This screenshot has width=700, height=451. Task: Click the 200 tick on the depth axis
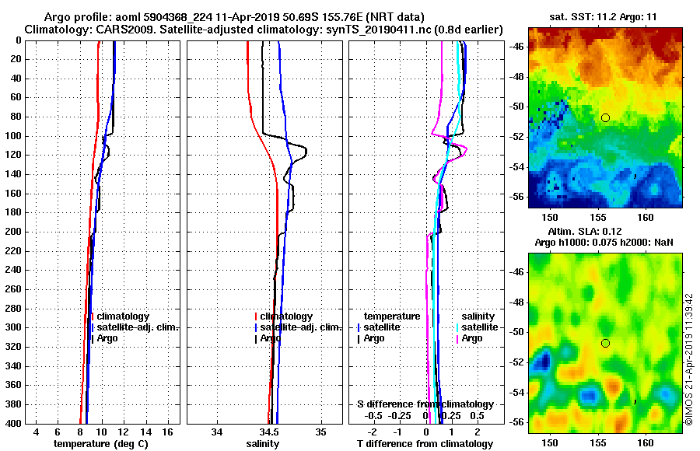pos(16,232)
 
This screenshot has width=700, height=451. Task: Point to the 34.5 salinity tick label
pos(269,432)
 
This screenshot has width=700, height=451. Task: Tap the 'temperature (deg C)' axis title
pos(100,443)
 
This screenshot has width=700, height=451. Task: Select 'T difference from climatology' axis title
pos(425,443)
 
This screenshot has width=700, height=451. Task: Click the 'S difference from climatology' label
pos(425,404)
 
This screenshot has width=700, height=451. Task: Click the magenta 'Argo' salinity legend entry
pos(472,338)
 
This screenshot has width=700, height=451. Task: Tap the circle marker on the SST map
pos(605,117)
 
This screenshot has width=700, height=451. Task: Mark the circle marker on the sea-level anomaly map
pos(605,343)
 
